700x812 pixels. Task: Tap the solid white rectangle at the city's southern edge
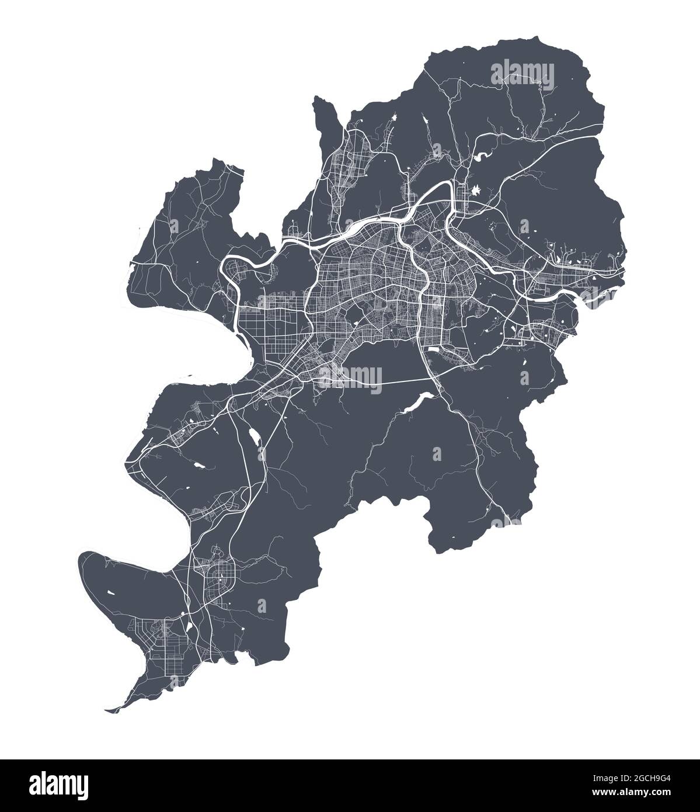click(x=436, y=349)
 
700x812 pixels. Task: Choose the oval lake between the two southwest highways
click(x=255, y=435)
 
